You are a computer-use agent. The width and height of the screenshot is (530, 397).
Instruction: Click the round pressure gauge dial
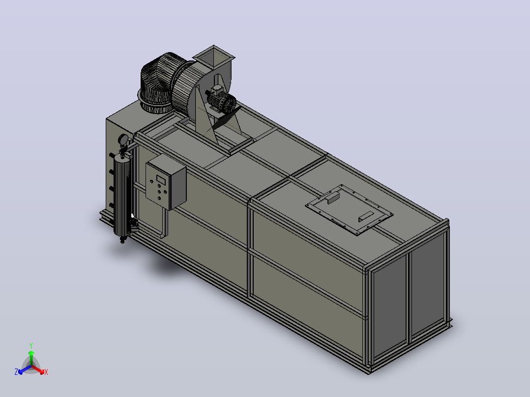click(x=123, y=139)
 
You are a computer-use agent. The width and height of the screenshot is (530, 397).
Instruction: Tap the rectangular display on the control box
click(x=161, y=180)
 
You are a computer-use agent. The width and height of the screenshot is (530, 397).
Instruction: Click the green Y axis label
click(x=31, y=346)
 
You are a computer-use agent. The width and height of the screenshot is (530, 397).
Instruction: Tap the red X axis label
click(x=46, y=372)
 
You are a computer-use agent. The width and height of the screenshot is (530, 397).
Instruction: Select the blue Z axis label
click(x=16, y=372)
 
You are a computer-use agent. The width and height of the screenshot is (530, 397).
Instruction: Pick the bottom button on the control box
click(x=159, y=198)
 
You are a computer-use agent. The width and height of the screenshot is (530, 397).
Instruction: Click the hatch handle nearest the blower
click(x=333, y=198)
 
